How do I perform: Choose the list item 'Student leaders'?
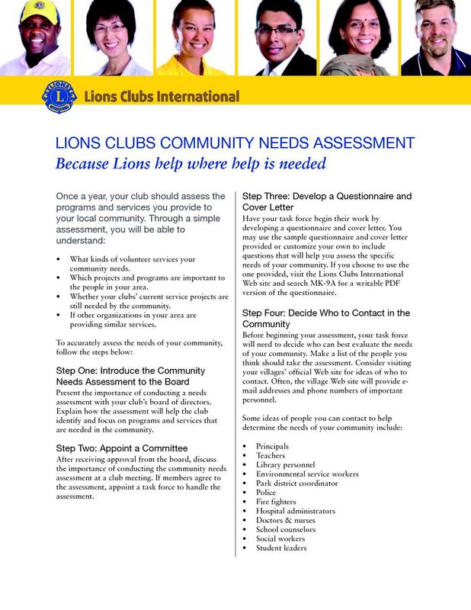(281, 548)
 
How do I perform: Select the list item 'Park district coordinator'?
(297, 483)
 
